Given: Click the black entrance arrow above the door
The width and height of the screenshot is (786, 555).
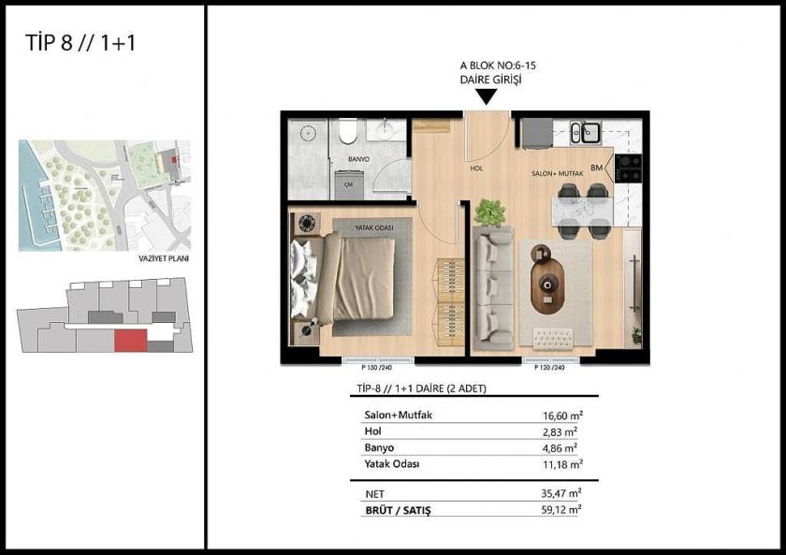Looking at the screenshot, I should tap(486, 94).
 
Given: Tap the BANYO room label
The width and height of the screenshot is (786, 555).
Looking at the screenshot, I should tap(358, 160).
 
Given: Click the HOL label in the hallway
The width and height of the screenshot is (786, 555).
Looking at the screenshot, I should tap(476, 169).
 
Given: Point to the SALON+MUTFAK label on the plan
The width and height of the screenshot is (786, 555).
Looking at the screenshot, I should tap(558, 174).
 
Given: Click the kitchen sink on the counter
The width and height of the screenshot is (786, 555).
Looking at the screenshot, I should tap(587, 134).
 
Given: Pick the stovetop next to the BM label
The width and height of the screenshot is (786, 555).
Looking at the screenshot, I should tap(628, 168).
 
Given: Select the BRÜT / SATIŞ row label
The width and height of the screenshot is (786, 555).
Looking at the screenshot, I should tap(401, 510).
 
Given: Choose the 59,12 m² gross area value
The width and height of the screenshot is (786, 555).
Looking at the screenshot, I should tap(563, 510).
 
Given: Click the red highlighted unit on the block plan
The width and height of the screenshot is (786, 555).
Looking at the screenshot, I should tap(129, 340).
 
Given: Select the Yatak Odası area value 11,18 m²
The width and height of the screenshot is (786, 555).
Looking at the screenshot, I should tap(563, 464).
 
